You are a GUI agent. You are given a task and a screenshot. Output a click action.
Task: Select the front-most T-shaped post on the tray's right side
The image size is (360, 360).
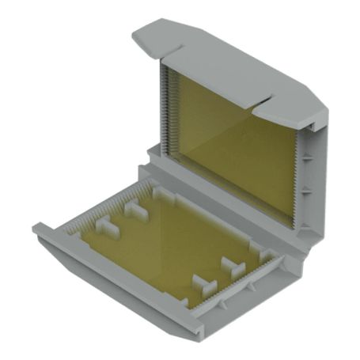[x=202, y=285]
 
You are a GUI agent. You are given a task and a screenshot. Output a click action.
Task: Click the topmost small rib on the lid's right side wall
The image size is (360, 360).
[x=316, y=119]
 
